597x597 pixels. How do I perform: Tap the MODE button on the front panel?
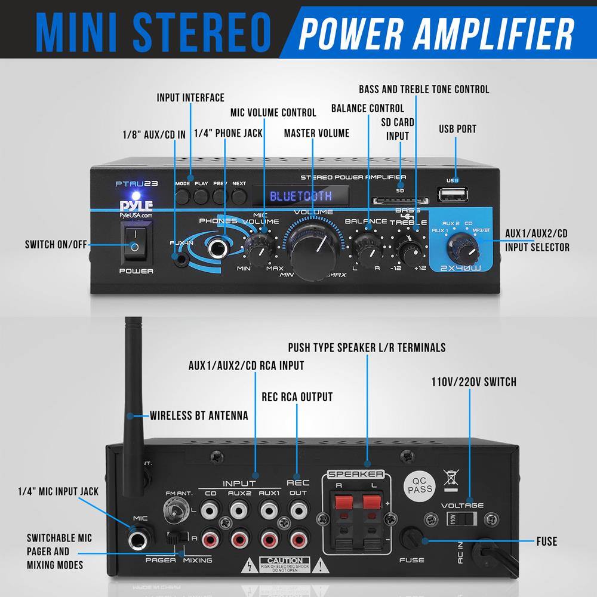click(183, 195)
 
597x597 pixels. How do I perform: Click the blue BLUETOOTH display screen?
click(300, 196)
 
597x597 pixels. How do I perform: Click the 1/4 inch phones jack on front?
click(219, 249)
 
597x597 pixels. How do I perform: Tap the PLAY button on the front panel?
click(202, 195)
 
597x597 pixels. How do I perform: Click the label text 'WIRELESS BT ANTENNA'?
click(199, 416)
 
